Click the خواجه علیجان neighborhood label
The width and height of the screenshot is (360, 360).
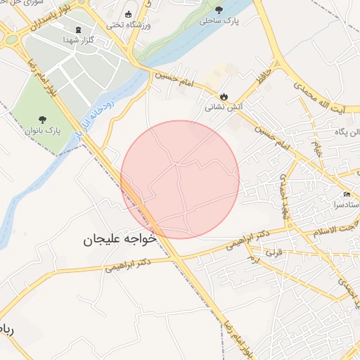coord(119,240)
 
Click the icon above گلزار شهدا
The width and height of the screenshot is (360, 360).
coord(77,30)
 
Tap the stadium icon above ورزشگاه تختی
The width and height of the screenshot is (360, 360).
coord(128,14)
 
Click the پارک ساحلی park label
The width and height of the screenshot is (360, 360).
coord(219,22)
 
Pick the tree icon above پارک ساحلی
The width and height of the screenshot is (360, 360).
coord(219,9)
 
